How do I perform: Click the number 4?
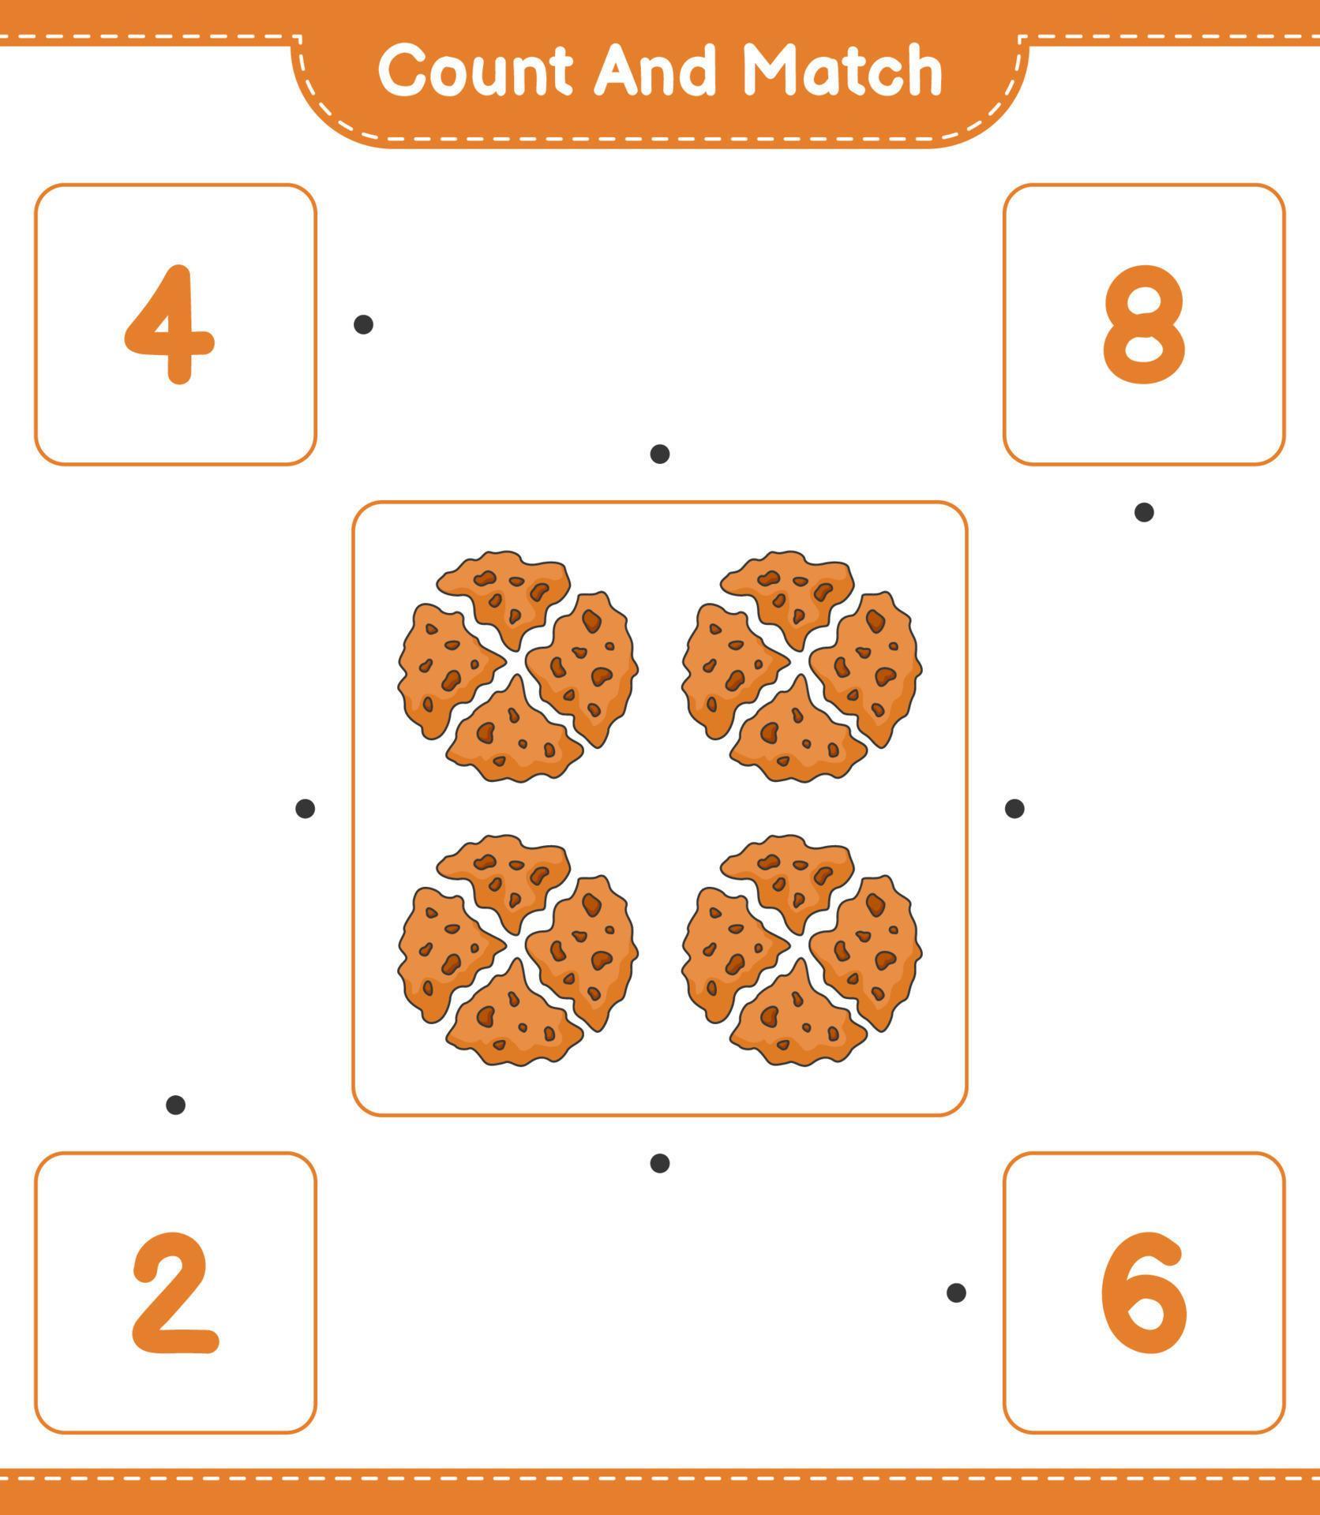(171, 324)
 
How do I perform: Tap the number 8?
(1143, 324)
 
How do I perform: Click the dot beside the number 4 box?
(363, 324)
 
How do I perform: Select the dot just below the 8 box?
(1144, 512)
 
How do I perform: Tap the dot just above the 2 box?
(175, 1105)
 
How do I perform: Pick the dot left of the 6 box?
(956, 1292)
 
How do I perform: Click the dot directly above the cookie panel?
(660, 454)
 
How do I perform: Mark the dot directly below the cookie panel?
(660, 1162)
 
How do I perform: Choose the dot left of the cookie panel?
(305, 808)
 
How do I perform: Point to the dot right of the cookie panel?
(1014, 808)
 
